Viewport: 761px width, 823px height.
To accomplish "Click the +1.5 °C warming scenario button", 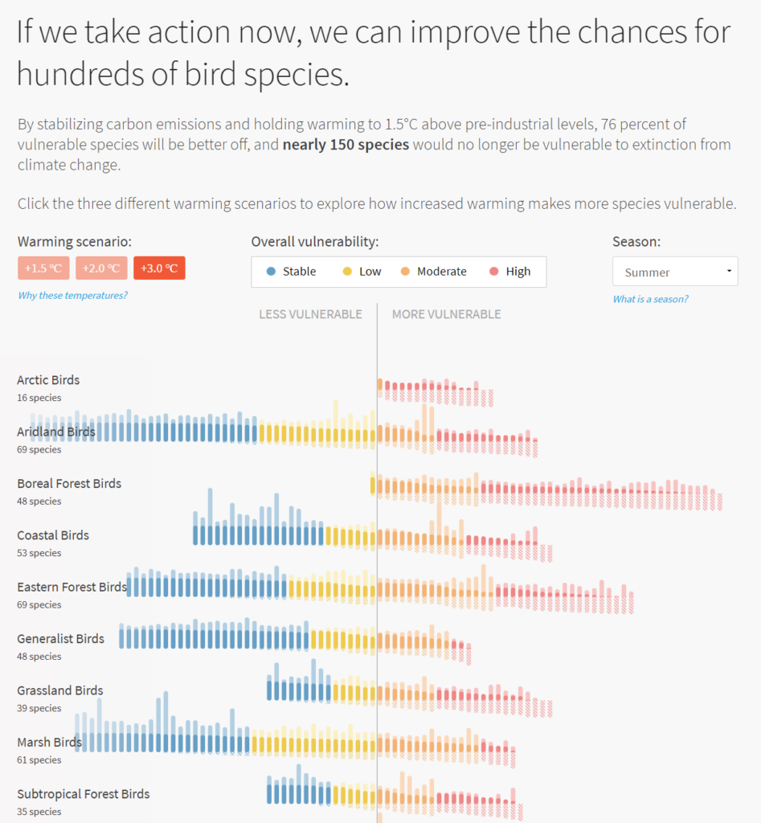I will (x=43, y=268).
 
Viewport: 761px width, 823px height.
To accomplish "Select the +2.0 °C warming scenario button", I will (x=101, y=268).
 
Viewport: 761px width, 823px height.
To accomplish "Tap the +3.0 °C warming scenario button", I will (x=159, y=268).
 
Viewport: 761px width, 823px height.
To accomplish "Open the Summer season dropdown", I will (x=674, y=272).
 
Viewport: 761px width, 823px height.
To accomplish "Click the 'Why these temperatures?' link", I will (x=72, y=296).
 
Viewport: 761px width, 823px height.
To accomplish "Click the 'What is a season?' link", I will (x=650, y=299).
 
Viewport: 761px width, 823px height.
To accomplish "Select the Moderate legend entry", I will (x=433, y=272).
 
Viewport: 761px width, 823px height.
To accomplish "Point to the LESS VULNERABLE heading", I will (x=310, y=314).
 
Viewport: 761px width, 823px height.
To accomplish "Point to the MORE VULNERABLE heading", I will (x=446, y=314).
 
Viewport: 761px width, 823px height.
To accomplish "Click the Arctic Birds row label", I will (x=48, y=380).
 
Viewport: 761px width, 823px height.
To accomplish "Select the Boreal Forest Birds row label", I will (x=69, y=484).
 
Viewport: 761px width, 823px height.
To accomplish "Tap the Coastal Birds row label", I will (x=53, y=535).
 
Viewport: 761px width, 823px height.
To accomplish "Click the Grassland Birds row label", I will (x=60, y=690).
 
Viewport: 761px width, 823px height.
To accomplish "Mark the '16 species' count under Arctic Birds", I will (x=39, y=398).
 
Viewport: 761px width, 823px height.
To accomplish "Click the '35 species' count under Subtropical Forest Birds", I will (x=39, y=812).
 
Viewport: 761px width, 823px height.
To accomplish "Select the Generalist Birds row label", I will (x=61, y=639).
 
